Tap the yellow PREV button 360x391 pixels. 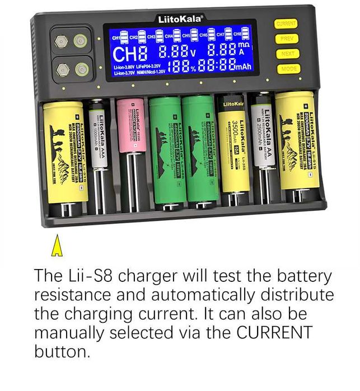pos(286,39)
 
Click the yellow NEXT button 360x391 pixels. pos(287,54)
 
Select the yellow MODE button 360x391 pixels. pos(289,68)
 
